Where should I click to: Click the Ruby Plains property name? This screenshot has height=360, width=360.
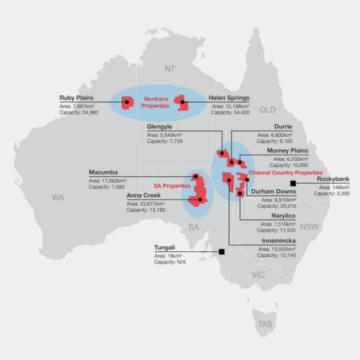click(77, 98)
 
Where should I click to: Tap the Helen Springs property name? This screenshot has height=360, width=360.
click(229, 98)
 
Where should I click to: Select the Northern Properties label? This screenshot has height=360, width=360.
click(155, 103)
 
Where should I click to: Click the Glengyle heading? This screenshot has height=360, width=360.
click(160, 127)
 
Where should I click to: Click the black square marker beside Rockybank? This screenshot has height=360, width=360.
click(294, 183)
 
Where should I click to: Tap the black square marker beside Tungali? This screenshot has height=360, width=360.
click(221, 252)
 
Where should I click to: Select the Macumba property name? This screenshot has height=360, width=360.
click(105, 173)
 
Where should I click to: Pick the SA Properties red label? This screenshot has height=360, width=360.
click(172, 185)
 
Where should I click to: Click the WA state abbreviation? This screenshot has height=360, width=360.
click(58, 197)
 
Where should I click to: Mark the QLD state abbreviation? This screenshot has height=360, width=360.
click(267, 109)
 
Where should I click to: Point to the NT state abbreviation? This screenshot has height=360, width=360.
click(169, 67)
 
